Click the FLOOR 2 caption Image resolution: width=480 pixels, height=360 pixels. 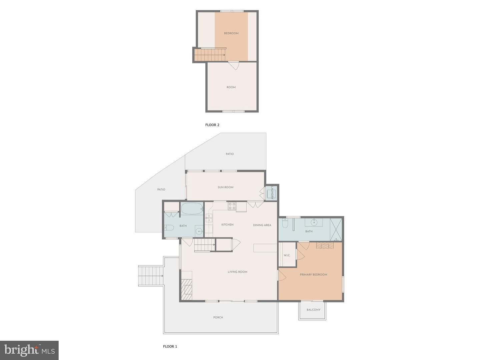(212, 125)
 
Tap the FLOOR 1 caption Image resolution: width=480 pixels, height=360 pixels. (170, 346)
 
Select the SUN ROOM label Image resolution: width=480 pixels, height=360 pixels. (225, 187)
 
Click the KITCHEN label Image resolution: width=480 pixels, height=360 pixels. (227, 224)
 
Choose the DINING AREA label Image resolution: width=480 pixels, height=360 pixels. (262, 225)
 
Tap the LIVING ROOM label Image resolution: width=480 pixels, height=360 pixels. (237, 272)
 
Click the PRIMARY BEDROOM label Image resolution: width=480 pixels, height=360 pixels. (313, 275)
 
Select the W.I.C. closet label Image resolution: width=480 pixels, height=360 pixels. (287, 255)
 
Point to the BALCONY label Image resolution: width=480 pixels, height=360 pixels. (313, 310)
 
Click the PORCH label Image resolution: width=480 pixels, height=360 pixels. (218, 317)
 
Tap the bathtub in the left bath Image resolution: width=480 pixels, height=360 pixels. (192, 208)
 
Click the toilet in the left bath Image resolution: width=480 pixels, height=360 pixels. (169, 228)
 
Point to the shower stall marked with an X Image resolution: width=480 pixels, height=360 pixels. (336, 229)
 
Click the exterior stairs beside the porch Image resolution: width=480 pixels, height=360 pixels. (151, 276)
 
